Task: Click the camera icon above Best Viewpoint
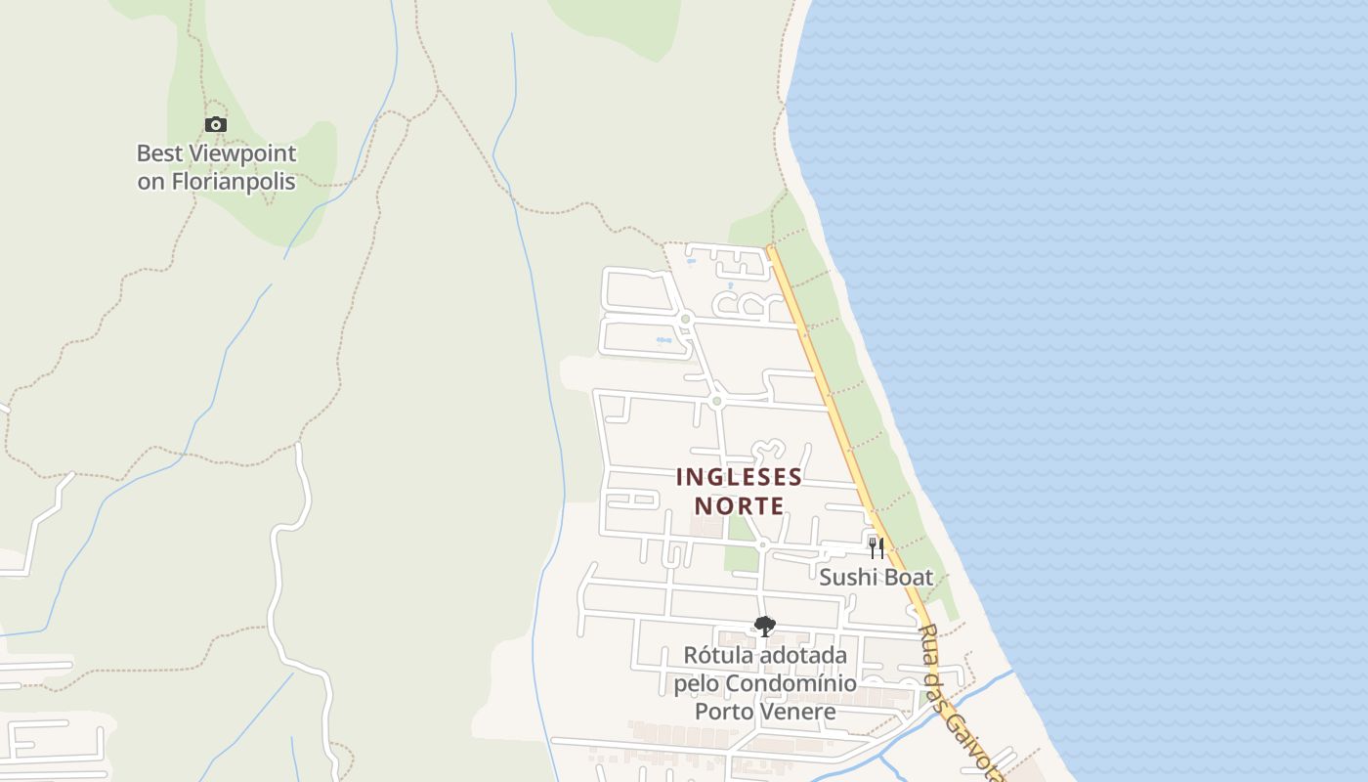click(216, 124)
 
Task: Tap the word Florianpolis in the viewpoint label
click(234, 182)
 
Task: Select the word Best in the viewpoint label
click(159, 153)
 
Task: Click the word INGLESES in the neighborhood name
click(739, 478)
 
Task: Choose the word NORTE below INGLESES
click(739, 506)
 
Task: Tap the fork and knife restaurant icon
click(876, 547)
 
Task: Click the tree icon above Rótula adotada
click(765, 626)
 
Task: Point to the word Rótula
click(718, 655)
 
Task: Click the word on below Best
click(150, 182)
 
